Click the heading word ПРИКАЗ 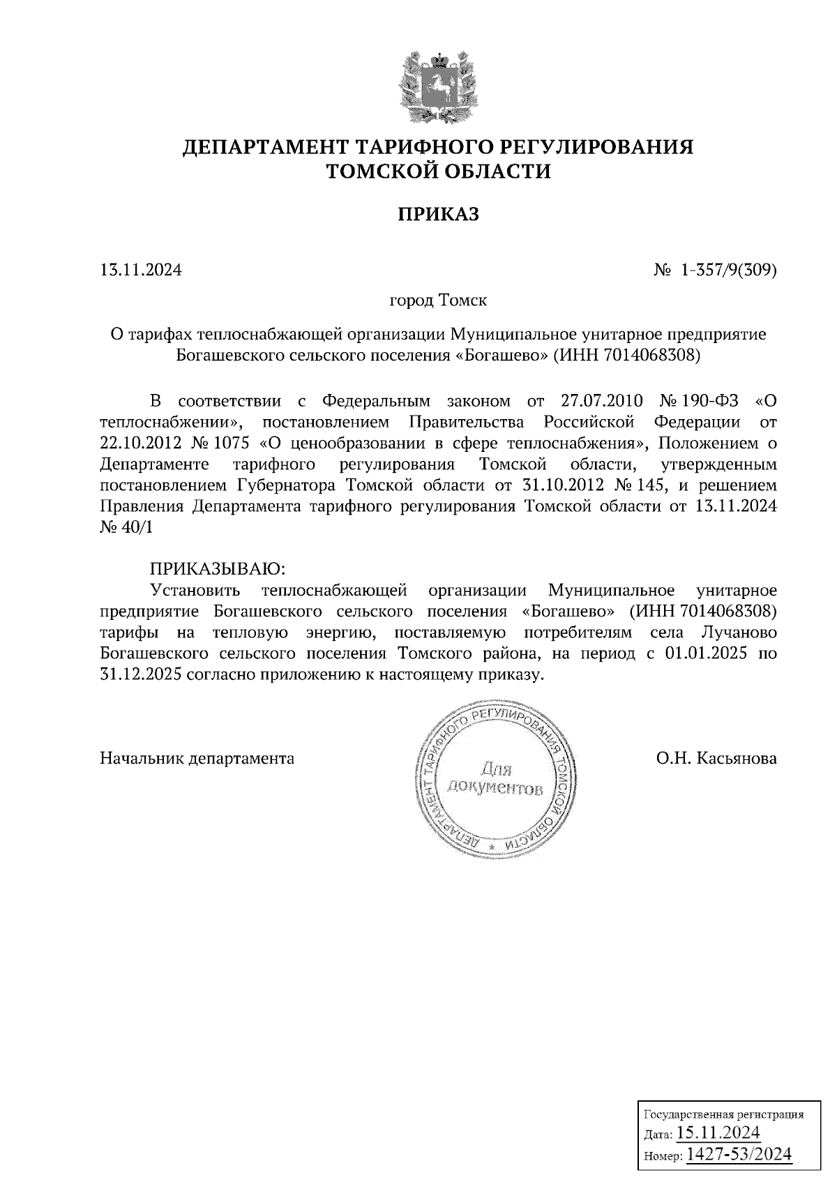pos(438,215)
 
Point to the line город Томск pos(437,301)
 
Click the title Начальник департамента pos(197,758)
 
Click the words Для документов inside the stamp pos(496,780)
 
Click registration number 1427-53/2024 pos(739,1154)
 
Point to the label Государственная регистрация pos(722,1114)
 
